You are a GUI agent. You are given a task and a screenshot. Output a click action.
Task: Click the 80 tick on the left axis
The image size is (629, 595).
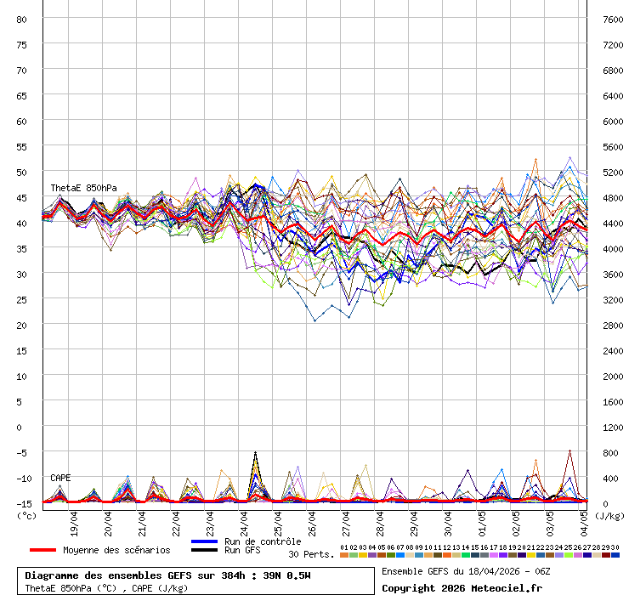coord(22,19)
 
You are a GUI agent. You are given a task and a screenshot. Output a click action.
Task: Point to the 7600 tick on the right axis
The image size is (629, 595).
coord(613,19)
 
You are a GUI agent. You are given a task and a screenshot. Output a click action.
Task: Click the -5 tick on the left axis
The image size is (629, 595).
coord(22,452)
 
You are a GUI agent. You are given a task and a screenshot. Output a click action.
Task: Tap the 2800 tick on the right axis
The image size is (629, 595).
coord(613,325)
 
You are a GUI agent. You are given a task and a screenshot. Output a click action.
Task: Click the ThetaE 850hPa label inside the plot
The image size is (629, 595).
coord(83,188)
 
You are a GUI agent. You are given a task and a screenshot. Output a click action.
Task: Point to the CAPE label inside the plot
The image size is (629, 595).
coord(60,478)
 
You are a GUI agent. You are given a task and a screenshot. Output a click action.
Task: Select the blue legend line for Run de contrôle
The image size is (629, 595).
coord(205,541)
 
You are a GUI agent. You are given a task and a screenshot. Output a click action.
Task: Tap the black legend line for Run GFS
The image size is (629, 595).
coord(205,551)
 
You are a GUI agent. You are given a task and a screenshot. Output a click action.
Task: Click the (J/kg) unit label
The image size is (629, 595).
coord(609,515)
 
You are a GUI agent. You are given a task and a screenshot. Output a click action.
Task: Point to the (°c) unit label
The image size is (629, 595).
coord(26,515)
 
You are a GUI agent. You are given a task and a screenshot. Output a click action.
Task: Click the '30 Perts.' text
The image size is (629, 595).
coord(310,554)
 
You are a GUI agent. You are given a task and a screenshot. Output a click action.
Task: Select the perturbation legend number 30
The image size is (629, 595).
coord(615,547)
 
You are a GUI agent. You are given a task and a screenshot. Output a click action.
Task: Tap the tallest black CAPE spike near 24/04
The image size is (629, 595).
coord(255,452)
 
